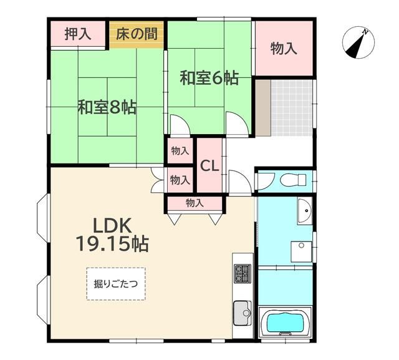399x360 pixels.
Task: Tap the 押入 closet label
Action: coord(78,34)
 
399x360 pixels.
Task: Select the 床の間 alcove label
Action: coord(137,34)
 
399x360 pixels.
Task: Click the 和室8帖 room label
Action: coord(107,107)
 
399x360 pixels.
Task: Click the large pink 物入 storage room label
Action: coord(284,49)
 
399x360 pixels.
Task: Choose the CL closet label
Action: coord(209,166)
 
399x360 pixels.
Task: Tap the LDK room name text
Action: coord(112,225)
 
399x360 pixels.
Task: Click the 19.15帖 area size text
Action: coord(112,243)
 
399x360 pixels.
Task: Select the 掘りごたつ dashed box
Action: coord(116,284)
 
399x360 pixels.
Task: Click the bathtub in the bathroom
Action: coord(287,324)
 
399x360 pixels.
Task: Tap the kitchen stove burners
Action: coord(241,273)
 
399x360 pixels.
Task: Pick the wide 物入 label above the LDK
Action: coord(194,203)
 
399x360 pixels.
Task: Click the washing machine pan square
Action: coord(302,252)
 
